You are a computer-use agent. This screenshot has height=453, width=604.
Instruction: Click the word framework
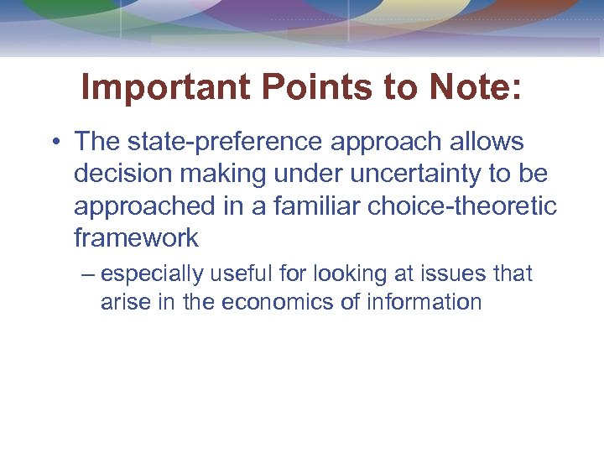[x=136, y=237]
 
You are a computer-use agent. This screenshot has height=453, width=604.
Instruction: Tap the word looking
[x=327, y=274]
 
